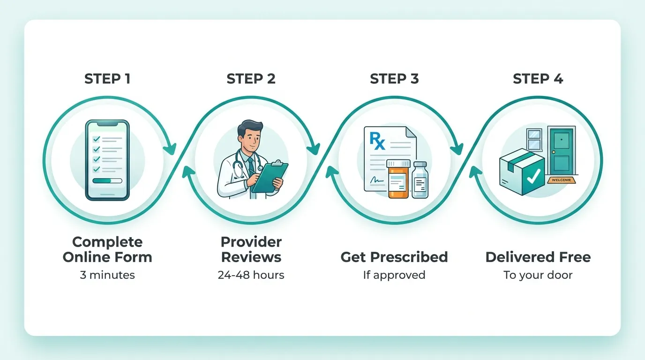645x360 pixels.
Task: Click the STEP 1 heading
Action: (x=107, y=79)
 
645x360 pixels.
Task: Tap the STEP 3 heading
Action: (x=394, y=79)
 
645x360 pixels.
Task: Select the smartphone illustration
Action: (x=107, y=160)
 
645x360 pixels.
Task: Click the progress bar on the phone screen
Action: (x=107, y=180)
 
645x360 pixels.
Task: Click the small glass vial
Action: (x=420, y=180)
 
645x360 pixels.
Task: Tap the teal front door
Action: (x=561, y=150)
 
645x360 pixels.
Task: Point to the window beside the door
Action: (x=534, y=140)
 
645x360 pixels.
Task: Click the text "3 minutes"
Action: (x=107, y=275)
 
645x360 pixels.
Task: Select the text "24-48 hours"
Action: (x=251, y=275)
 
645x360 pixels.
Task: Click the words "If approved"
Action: (x=394, y=275)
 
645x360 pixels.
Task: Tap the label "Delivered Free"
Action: (x=538, y=257)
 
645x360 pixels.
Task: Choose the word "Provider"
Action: (x=251, y=242)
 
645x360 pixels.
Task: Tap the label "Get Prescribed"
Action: (x=394, y=257)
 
